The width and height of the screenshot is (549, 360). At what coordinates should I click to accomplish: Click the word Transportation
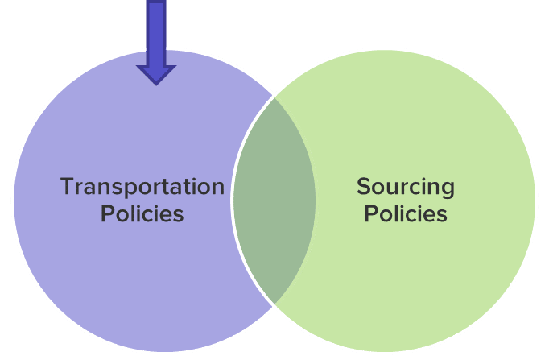coord(142,187)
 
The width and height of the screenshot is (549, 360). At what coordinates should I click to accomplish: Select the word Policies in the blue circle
coord(142,214)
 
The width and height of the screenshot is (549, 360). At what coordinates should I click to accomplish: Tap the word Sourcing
coord(405,187)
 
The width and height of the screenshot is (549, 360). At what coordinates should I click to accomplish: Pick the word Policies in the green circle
coord(405,214)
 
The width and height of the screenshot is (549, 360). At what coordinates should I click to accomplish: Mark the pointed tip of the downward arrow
coord(156,83)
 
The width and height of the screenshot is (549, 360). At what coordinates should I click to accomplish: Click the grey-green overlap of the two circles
coord(274,201)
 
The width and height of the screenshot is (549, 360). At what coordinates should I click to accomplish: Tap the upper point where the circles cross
coord(274,97)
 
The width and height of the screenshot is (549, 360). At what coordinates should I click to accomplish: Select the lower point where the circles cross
coord(274,304)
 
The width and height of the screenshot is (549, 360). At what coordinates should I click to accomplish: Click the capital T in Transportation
coord(68,187)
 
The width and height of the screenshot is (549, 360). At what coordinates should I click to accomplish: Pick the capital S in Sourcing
coord(363,187)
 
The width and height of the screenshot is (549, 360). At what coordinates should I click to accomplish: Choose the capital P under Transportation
coord(107,214)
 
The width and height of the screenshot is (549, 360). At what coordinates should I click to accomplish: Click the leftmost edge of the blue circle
coord(13,201)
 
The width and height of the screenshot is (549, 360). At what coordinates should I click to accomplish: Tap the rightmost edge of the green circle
coord(536,201)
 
